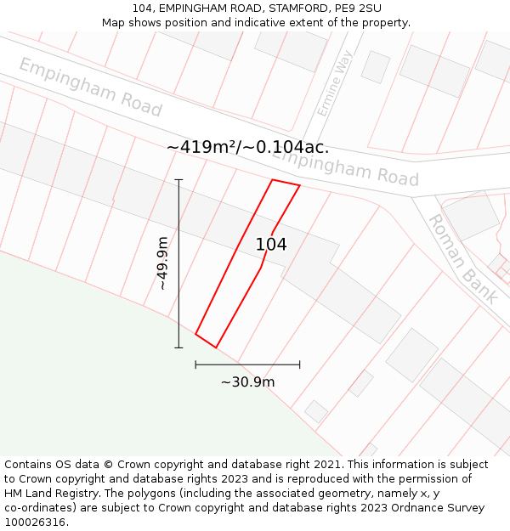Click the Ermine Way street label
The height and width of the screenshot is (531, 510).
pyautogui.click(x=334, y=83)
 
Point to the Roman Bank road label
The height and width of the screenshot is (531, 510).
pyautogui.click(x=462, y=258)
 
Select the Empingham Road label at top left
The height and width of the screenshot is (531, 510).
pyautogui.click(x=90, y=87)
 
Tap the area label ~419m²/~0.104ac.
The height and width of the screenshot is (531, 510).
pyautogui.click(x=247, y=147)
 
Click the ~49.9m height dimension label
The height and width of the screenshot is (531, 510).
pyautogui.click(x=161, y=263)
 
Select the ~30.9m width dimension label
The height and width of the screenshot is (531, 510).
pyautogui.click(x=247, y=382)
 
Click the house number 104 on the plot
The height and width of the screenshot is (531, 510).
pyautogui.click(x=271, y=245)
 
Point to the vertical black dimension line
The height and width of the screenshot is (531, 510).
pyautogui.click(x=178, y=280)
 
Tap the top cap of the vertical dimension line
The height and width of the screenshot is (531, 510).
pyautogui.click(x=178, y=179)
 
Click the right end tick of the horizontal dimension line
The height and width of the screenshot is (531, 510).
pyautogui.click(x=299, y=364)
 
